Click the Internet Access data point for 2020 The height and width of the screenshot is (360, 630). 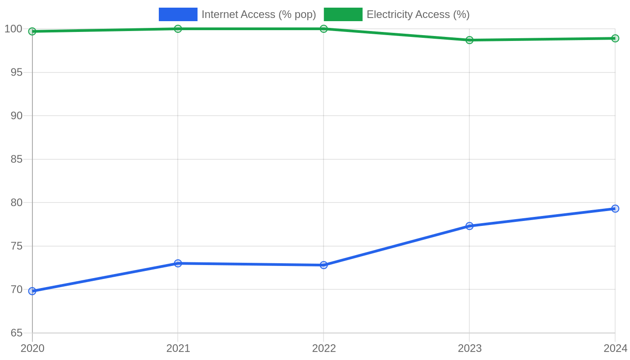[32, 291]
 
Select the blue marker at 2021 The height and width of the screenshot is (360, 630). [178, 263]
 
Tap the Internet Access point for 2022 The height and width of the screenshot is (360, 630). [324, 265]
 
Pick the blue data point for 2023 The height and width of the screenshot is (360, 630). [469, 226]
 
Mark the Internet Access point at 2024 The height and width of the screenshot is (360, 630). [615, 209]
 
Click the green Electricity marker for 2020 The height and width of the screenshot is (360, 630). [32, 31]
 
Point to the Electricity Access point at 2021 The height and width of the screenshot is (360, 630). [178, 29]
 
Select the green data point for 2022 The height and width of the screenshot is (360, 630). [324, 29]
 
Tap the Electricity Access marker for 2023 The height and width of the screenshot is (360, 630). [469, 40]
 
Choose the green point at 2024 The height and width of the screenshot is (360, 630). [615, 38]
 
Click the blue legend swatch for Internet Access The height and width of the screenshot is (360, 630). [178, 14]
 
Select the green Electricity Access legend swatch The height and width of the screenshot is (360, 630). [343, 14]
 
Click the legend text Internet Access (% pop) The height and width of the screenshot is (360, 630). [259, 14]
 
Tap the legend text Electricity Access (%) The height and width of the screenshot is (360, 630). [418, 14]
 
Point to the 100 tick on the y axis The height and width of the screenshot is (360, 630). [13, 29]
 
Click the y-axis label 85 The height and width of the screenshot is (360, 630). [17, 159]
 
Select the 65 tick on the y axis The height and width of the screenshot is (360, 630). [17, 333]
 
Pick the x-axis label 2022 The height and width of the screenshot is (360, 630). [324, 348]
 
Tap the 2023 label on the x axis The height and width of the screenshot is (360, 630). [469, 348]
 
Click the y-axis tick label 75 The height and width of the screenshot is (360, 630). [17, 246]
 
